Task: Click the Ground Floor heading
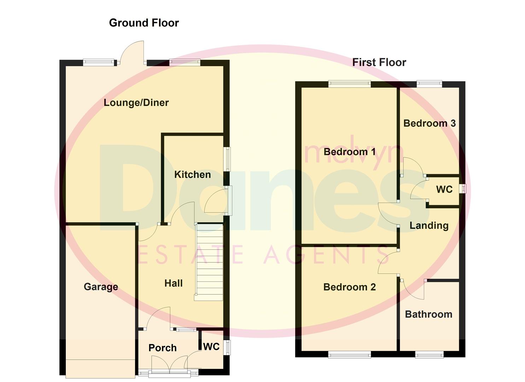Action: pyautogui.click(x=144, y=23)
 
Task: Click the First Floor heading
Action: pyautogui.click(x=379, y=63)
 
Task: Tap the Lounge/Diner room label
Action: pyautogui.click(x=136, y=103)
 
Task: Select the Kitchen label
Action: pyautogui.click(x=192, y=175)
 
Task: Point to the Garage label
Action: pyautogui.click(x=101, y=287)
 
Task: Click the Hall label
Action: pyautogui.click(x=174, y=283)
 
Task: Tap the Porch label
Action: pyautogui.click(x=162, y=348)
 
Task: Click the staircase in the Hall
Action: pyautogui.click(x=209, y=262)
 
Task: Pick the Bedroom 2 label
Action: pyautogui.click(x=349, y=287)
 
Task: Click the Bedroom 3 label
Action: pyautogui.click(x=429, y=123)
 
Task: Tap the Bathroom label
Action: pyautogui.click(x=428, y=314)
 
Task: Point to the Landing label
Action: pyautogui.click(x=429, y=226)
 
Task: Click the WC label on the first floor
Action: pyautogui.click(x=444, y=190)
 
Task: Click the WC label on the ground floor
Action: pyautogui.click(x=211, y=347)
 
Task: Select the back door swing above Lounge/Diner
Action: pyautogui.click(x=133, y=53)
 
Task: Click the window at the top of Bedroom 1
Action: pyautogui.click(x=349, y=84)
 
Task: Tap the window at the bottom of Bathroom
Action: pyautogui.click(x=429, y=354)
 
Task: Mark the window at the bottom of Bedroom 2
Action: pyautogui.click(x=349, y=354)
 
